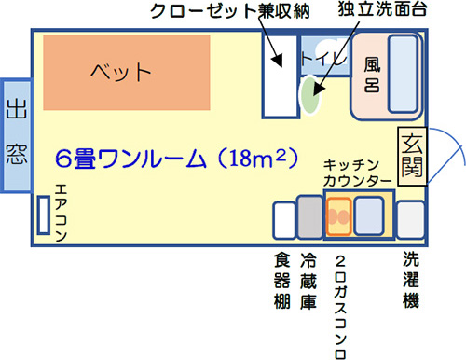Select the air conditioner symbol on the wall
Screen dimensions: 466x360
42,215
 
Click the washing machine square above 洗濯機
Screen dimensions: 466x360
410,220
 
